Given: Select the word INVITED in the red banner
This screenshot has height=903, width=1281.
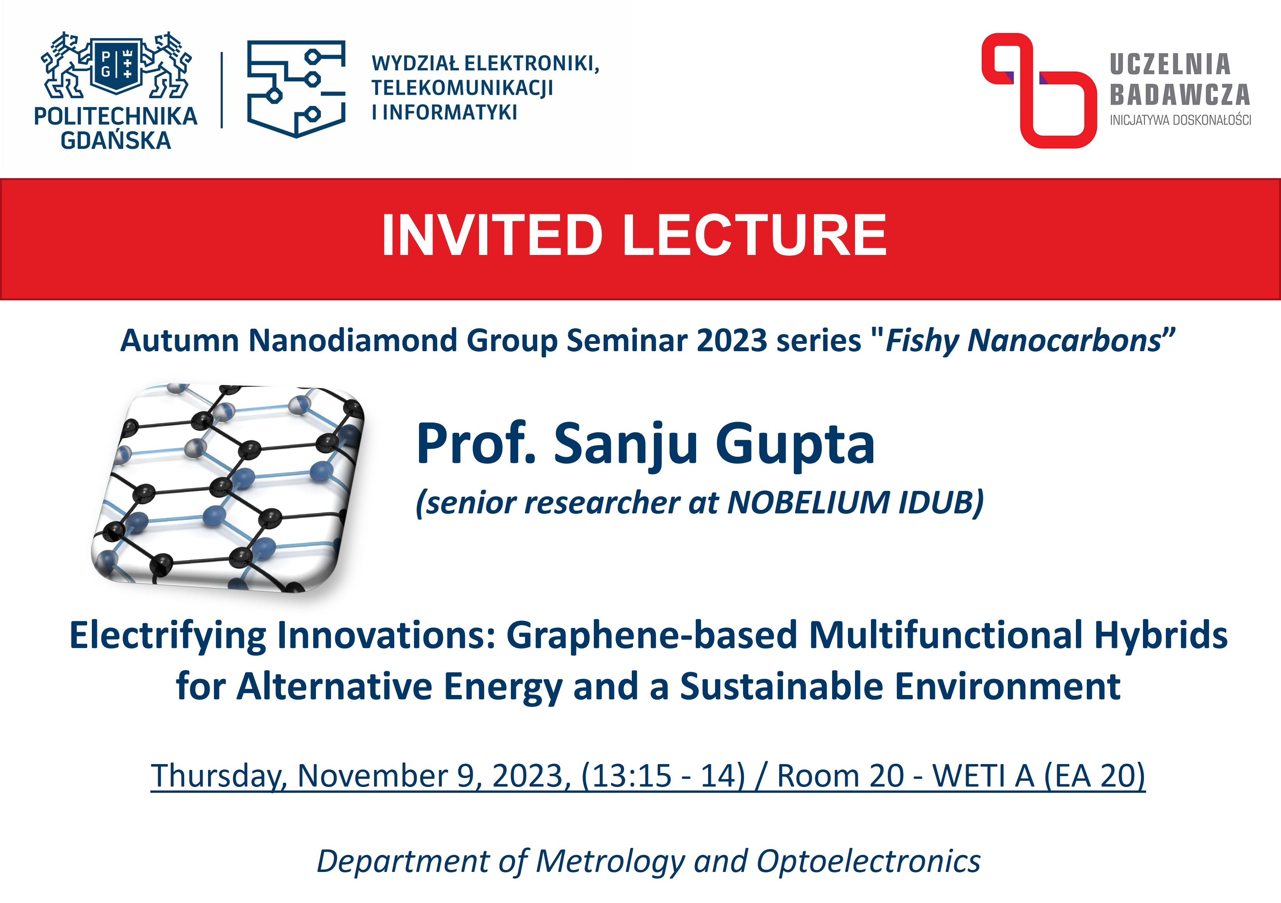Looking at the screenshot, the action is pos(492,235).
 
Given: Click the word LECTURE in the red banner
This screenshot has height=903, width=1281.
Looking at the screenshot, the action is pos(754,235).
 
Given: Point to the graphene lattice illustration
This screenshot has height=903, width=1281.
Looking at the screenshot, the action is pos(228,487).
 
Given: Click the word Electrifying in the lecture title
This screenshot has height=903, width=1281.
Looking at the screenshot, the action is pos(168,637).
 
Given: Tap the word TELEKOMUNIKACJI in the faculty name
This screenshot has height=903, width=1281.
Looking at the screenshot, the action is pos(462,88).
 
